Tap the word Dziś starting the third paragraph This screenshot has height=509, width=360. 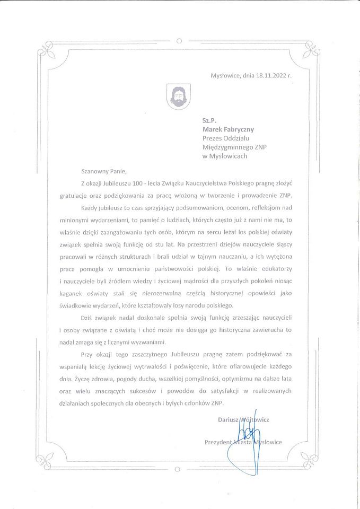point(87,318)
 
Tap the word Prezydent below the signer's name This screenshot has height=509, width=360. point(219,442)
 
